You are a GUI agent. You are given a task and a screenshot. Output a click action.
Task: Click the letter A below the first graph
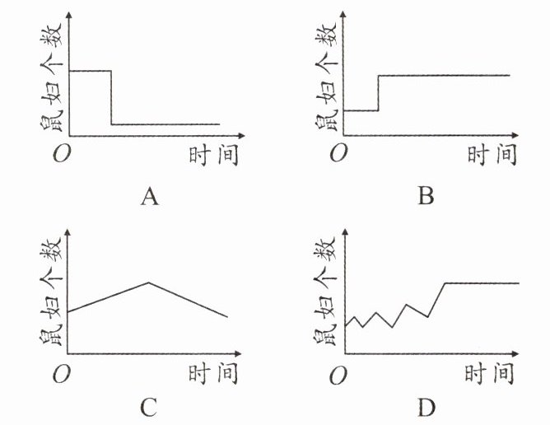(x=149, y=197)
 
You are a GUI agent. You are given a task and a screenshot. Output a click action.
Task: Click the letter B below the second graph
(x=426, y=197)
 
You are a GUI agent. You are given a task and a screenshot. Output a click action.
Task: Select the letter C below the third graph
(x=149, y=407)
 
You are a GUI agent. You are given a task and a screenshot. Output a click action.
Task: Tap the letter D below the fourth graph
(x=426, y=407)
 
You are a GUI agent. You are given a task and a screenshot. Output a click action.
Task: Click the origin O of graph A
(x=59, y=155)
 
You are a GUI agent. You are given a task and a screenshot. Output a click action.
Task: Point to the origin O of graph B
(x=338, y=155)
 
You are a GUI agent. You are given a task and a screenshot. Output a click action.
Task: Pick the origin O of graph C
(x=59, y=376)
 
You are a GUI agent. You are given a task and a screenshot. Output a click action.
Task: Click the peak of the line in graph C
(x=149, y=283)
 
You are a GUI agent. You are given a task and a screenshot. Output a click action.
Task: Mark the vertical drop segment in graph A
(x=111, y=97)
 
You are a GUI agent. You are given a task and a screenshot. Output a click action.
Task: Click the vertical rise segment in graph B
(x=378, y=92)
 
